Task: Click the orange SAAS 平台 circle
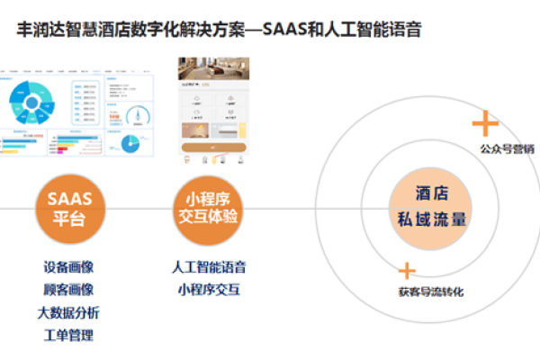(69, 208)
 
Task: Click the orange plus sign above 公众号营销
(485, 122)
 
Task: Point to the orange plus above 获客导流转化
(407, 270)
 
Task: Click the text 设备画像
(68, 268)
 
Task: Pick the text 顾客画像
(68, 290)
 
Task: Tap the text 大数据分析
(68, 312)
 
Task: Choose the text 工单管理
(68, 335)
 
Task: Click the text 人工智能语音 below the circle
(209, 268)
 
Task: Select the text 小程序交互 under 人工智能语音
(209, 290)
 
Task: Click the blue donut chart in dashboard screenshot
(33, 101)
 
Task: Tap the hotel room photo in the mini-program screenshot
(212, 76)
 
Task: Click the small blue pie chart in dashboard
(131, 144)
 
